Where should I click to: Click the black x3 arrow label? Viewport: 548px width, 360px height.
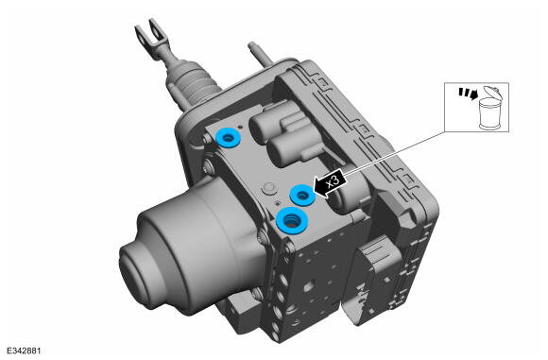click(x=331, y=184)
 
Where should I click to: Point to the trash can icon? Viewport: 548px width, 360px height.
click(x=490, y=108)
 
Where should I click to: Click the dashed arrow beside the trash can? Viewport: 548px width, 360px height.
click(x=468, y=93)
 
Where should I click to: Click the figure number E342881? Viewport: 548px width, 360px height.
click(x=24, y=351)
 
